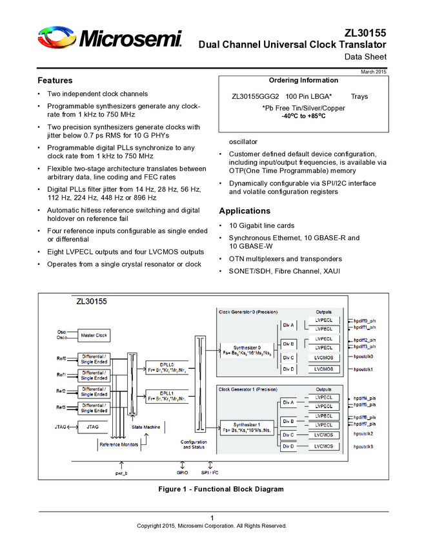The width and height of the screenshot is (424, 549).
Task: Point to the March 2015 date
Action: point(373,71)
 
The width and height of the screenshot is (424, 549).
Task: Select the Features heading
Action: point(55,81)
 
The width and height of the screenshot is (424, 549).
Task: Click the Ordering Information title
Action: point(303,80)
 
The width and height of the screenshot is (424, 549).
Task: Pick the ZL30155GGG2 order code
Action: point(255,96)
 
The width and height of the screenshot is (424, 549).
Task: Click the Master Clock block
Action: point(94,336)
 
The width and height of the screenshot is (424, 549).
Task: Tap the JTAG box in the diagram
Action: point(94,427)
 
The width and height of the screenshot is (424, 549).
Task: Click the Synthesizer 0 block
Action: point(247,349)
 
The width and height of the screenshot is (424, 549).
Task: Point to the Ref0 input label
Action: point(61,358)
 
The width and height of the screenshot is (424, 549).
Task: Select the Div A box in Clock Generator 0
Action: point(288,325)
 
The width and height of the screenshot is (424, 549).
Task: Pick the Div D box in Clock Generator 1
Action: point(288,446)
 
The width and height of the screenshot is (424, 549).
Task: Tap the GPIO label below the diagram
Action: point(183,473)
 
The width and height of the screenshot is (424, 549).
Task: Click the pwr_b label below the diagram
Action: point(121,473)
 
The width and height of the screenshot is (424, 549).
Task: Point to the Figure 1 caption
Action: point(221,489)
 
